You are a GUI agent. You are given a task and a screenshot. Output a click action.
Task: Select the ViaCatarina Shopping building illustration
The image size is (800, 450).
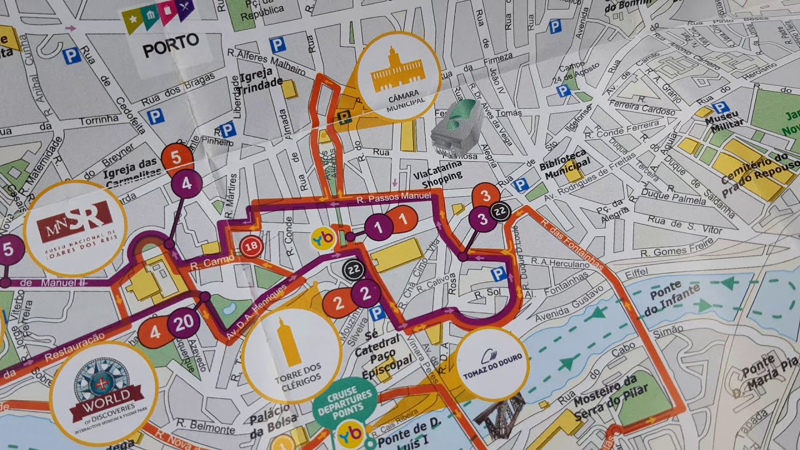(457, 127)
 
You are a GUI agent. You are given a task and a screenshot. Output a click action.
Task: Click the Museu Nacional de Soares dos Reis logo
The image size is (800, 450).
(75, 228)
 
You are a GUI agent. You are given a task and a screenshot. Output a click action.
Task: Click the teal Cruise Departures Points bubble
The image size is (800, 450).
(344, 402)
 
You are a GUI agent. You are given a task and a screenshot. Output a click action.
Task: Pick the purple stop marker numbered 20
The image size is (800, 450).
(184, 323)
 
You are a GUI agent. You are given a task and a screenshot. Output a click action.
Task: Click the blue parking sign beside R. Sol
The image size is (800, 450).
(498, 274)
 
